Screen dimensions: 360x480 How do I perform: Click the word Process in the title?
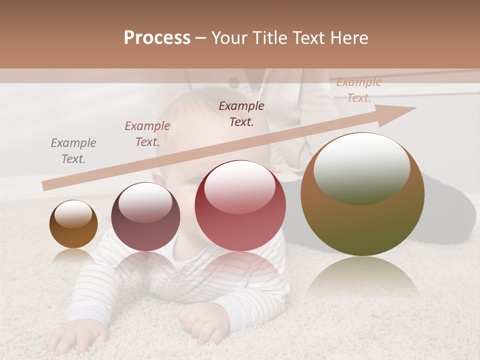pos(157,38)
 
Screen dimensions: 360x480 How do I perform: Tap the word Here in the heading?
pos(348,38)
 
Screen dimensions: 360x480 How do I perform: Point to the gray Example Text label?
pos(73,151)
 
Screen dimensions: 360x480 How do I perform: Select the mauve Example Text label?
pos(147,134)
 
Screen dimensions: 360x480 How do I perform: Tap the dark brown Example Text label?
pos(241,114)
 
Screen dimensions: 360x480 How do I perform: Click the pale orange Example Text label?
pos(358,90)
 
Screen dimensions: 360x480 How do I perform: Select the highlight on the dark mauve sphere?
pos(145,202)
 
